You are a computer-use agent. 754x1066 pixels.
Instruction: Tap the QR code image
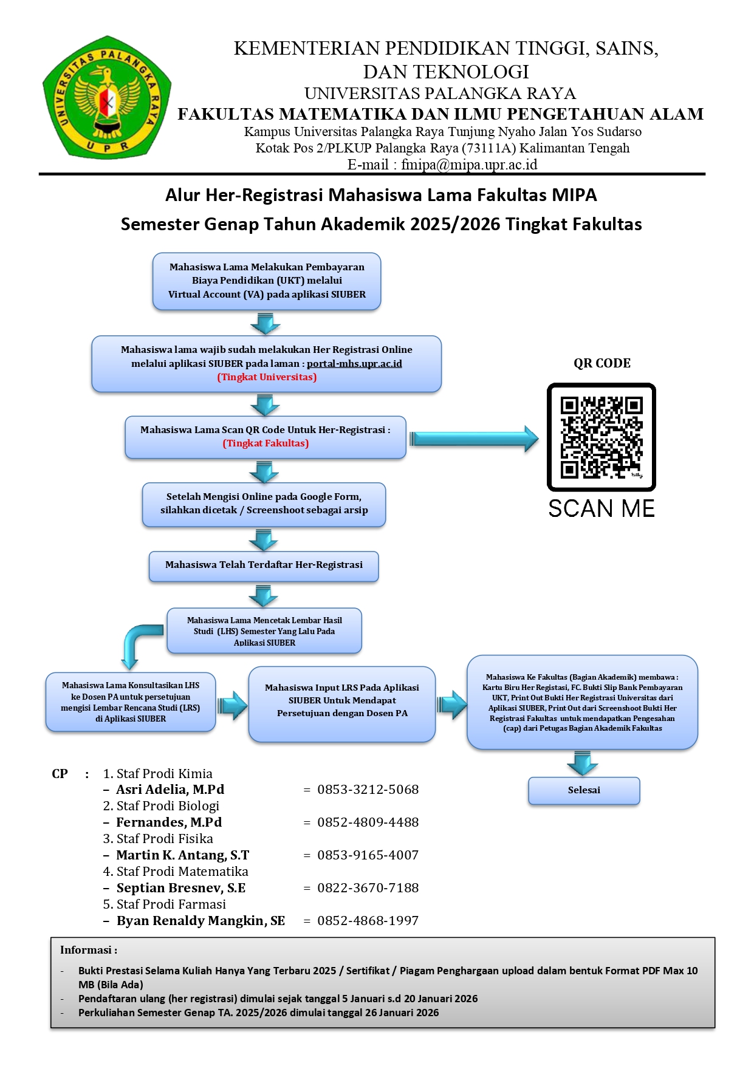[x=601, y=437]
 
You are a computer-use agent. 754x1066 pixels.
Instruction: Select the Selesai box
[x=584, y=790]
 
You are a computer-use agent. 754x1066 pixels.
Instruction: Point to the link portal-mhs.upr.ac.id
[x=354, y=364]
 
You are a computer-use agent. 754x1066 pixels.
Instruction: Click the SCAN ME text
[x=601, y=508]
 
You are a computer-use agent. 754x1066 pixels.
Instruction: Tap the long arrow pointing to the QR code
[x=473, y=439]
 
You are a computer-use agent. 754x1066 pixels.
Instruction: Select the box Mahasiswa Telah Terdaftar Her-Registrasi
[x=264, y=565]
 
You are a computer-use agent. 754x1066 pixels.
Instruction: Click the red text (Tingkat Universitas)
[x=267, y=377]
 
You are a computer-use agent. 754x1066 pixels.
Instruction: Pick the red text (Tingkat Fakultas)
[x=266, y=443]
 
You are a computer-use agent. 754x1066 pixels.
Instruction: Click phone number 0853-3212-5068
[x=368, y=790]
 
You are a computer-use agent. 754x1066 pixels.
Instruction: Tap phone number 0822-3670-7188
[x=368, y=888]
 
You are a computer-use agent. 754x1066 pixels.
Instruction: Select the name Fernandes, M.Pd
[x=169, y=822]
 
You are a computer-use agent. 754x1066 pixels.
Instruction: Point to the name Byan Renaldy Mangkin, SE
[x=200, y=921]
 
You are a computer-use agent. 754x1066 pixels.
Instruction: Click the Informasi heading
[x=89, y=950]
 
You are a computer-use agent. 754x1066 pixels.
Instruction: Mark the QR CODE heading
[x=601, y=363]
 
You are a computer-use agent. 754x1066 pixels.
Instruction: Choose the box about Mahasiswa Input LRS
[x=341, y=704]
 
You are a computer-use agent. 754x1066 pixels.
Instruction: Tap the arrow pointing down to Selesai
[x=582, y=763]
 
